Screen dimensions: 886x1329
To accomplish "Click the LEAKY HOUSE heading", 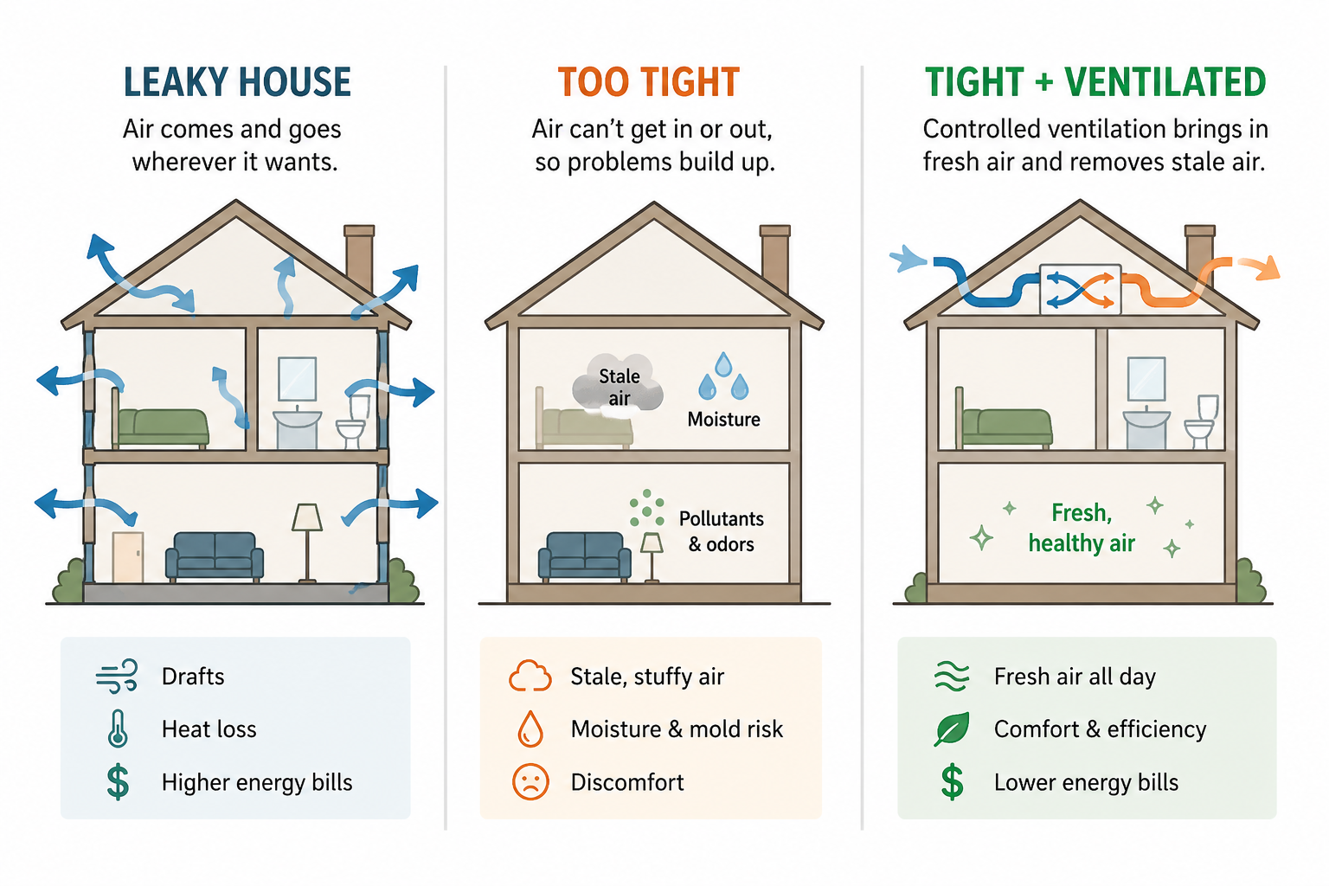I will click(x=237, y=83).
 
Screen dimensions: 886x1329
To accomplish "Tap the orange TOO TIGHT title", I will click(x=648, y=83).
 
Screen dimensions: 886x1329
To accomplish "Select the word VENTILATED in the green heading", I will click(x=1165, y=83).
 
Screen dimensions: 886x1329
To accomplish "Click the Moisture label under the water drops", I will click(x=723, y=420).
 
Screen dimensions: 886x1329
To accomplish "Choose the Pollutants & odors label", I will click(x=721, y=531).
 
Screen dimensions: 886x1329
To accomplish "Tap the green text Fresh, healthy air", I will click(x=1082, y=528).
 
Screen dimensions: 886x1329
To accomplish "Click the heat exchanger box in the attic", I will click(x=1080, y=289).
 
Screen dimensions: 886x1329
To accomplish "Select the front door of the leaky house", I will click(x=128, y=556).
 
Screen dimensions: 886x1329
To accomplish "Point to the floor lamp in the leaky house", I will click(x=307, y=541).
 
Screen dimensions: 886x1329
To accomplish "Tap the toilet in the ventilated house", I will click(x=1201, y=421).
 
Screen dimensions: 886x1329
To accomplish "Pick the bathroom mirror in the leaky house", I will click(x=297, y=379).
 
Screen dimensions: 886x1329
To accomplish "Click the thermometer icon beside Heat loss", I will click(x=118, y=729).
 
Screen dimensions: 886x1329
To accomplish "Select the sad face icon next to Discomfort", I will click(x=530, y=781).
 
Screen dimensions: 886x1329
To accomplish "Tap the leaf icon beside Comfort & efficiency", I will click(x=952, y=729).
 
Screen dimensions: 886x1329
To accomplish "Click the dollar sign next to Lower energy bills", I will click(x=952, y=781).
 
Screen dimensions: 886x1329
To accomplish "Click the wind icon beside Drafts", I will click(x=117, y=676).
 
